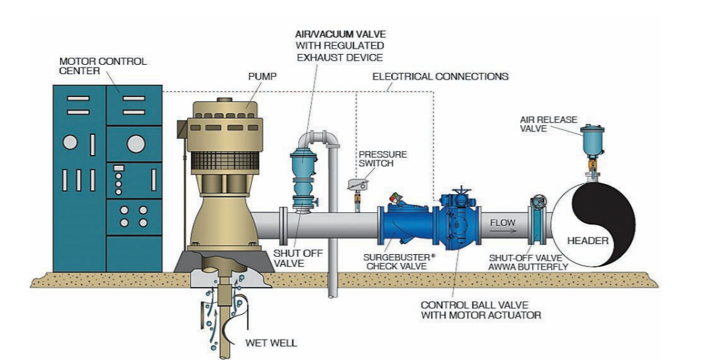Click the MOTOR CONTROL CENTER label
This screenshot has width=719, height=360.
pos(103,66)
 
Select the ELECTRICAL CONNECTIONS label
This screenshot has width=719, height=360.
pos(440,76)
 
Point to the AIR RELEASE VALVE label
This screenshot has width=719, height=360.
pos(548,124)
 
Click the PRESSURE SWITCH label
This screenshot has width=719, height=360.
pos(382,158)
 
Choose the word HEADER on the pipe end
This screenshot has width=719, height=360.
pos(587,241)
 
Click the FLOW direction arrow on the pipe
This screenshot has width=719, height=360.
pos(502,232)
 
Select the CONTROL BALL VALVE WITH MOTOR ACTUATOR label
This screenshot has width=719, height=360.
pos(480,309)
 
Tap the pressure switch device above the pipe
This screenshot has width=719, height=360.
pos(357,183)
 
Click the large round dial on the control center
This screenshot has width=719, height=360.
pos(136,143)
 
